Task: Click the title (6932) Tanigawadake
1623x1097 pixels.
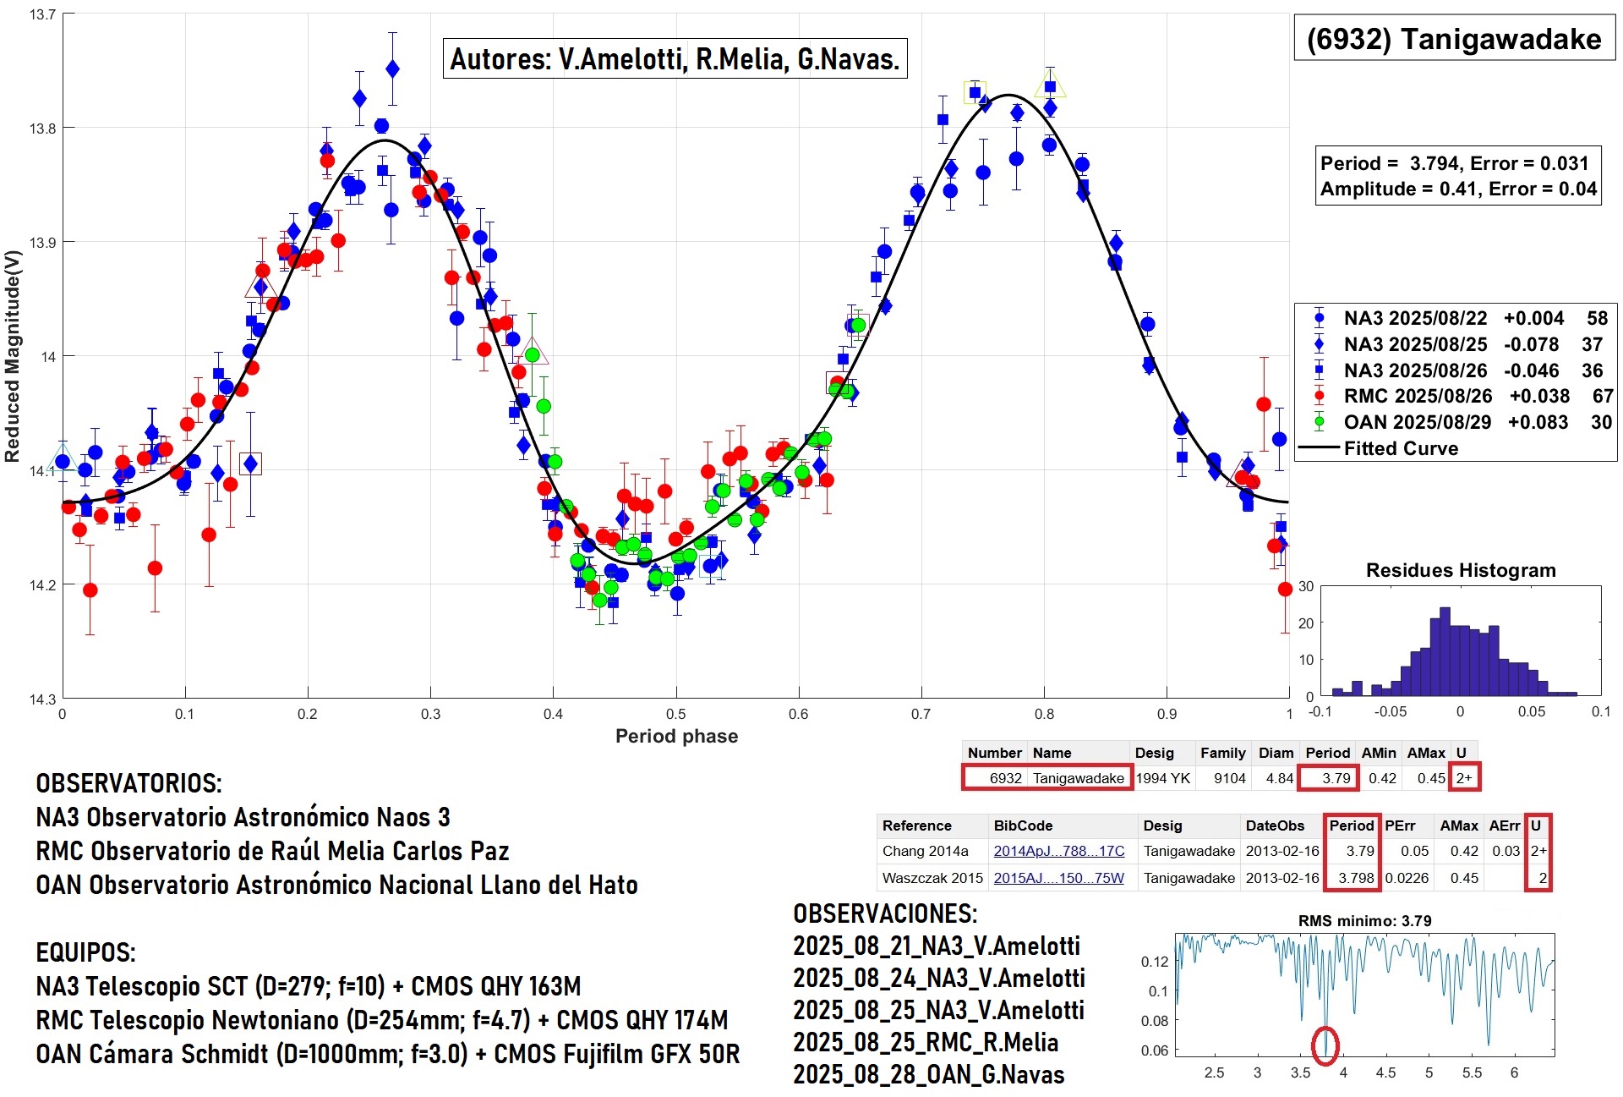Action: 1454,39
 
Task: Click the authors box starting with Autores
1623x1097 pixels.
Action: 675,58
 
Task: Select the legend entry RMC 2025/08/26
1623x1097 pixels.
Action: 1417,396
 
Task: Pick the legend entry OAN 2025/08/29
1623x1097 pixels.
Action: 1417,422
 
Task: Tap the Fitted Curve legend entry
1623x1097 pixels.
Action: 1401,448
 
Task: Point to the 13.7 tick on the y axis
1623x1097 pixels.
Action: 42,14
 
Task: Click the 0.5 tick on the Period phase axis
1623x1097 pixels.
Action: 675,714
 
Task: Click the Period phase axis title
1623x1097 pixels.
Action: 676,736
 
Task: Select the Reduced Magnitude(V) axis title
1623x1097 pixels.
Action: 12,356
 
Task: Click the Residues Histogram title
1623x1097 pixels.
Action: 1461,570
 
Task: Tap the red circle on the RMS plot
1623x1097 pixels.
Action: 1325,1045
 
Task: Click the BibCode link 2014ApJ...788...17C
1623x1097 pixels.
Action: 1058,851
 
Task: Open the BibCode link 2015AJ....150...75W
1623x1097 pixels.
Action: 1058,878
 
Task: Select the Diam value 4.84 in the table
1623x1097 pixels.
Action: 1279,778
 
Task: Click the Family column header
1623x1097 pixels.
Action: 1222,753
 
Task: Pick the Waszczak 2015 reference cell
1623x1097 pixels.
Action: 932,878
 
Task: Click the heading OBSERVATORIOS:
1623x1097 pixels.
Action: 128,783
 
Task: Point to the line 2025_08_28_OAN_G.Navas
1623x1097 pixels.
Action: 928,1074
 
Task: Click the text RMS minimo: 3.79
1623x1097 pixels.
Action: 1364,920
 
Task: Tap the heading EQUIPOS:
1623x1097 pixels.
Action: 85,952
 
